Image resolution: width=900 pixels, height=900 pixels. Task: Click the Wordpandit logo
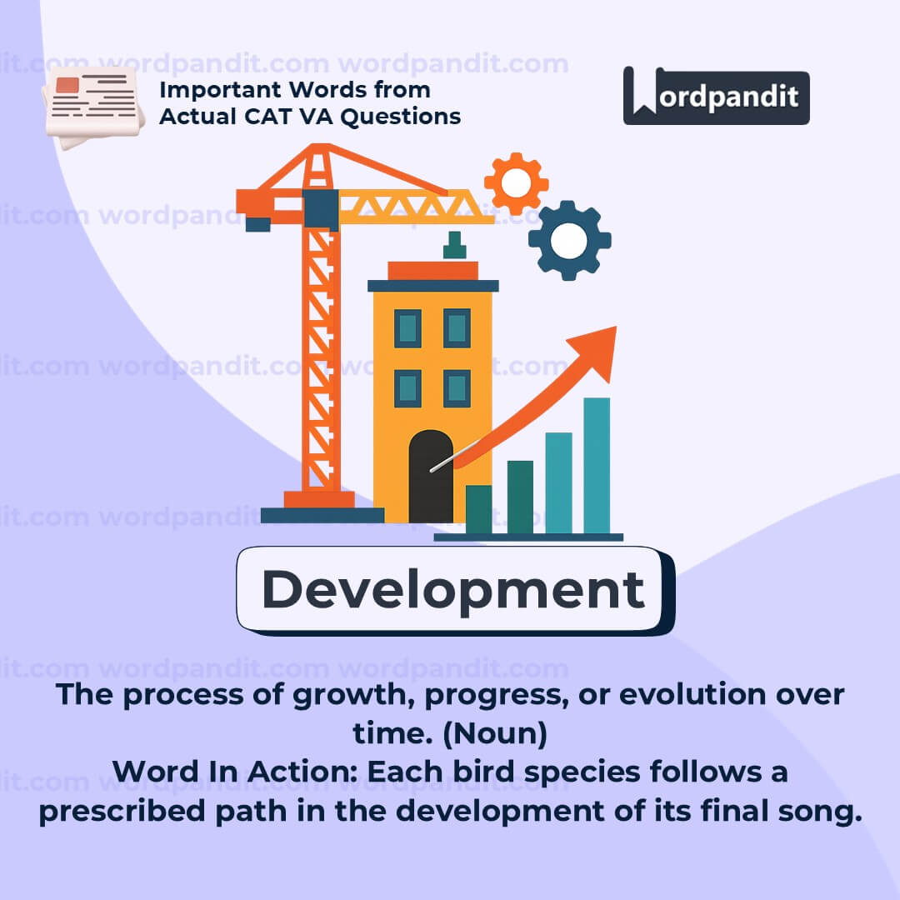pos(716,96)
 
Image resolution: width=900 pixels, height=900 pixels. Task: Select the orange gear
pos(516,183)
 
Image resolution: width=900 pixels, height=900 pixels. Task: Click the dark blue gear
pos(569,241)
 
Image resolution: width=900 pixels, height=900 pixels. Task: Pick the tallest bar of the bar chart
pos(597,466)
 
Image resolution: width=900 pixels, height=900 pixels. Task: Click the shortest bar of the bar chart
pos(478,510)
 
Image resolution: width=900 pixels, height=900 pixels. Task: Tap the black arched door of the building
pos(431,476)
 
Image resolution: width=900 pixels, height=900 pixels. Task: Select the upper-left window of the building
pos(407,328)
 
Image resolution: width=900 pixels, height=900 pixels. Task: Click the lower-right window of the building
pos(457,388)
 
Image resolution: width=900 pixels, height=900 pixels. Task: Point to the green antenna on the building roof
pos(455,245)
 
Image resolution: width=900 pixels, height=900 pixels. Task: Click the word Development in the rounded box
pos(453,590)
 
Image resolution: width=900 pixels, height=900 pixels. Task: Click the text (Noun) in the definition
pos(495,733)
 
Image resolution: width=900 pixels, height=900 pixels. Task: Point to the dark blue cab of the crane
pos(320,209)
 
